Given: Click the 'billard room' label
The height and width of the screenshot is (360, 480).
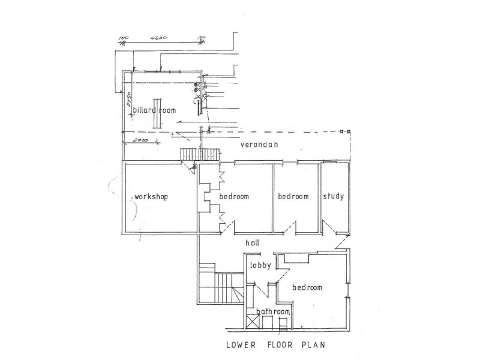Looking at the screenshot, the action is pos(154,110).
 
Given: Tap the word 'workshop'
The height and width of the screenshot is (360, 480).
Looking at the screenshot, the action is pos(151,197).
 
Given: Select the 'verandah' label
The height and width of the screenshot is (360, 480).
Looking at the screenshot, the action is pos(259,145).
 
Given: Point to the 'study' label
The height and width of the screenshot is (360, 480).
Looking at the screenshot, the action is pos(334,196).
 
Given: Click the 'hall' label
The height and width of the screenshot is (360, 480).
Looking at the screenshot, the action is pos(253,243).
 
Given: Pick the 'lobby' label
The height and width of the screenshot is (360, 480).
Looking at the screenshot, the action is pos(260,265).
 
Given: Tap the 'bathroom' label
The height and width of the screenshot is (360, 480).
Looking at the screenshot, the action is pos(273,311).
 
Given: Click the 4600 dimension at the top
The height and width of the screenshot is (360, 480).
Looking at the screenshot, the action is pos(158,38).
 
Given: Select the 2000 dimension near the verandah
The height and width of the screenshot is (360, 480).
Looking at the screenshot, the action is pos(140,140).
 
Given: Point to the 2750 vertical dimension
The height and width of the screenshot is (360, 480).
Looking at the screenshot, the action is pos(129,99).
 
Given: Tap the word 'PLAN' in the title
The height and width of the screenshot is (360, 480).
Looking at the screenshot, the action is pos(313,345).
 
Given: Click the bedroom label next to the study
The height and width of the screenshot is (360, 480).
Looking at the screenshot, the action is pos(293,196).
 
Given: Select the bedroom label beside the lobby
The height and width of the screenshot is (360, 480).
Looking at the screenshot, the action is pos(307,287).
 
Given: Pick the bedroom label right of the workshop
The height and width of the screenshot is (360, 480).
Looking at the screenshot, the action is pos(234,196).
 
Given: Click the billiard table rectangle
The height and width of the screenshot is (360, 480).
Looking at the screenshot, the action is pos(157,113).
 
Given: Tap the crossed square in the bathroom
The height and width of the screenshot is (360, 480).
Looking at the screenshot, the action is pos(252,323).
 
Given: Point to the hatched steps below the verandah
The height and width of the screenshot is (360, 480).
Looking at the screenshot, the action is pos(200,154).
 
